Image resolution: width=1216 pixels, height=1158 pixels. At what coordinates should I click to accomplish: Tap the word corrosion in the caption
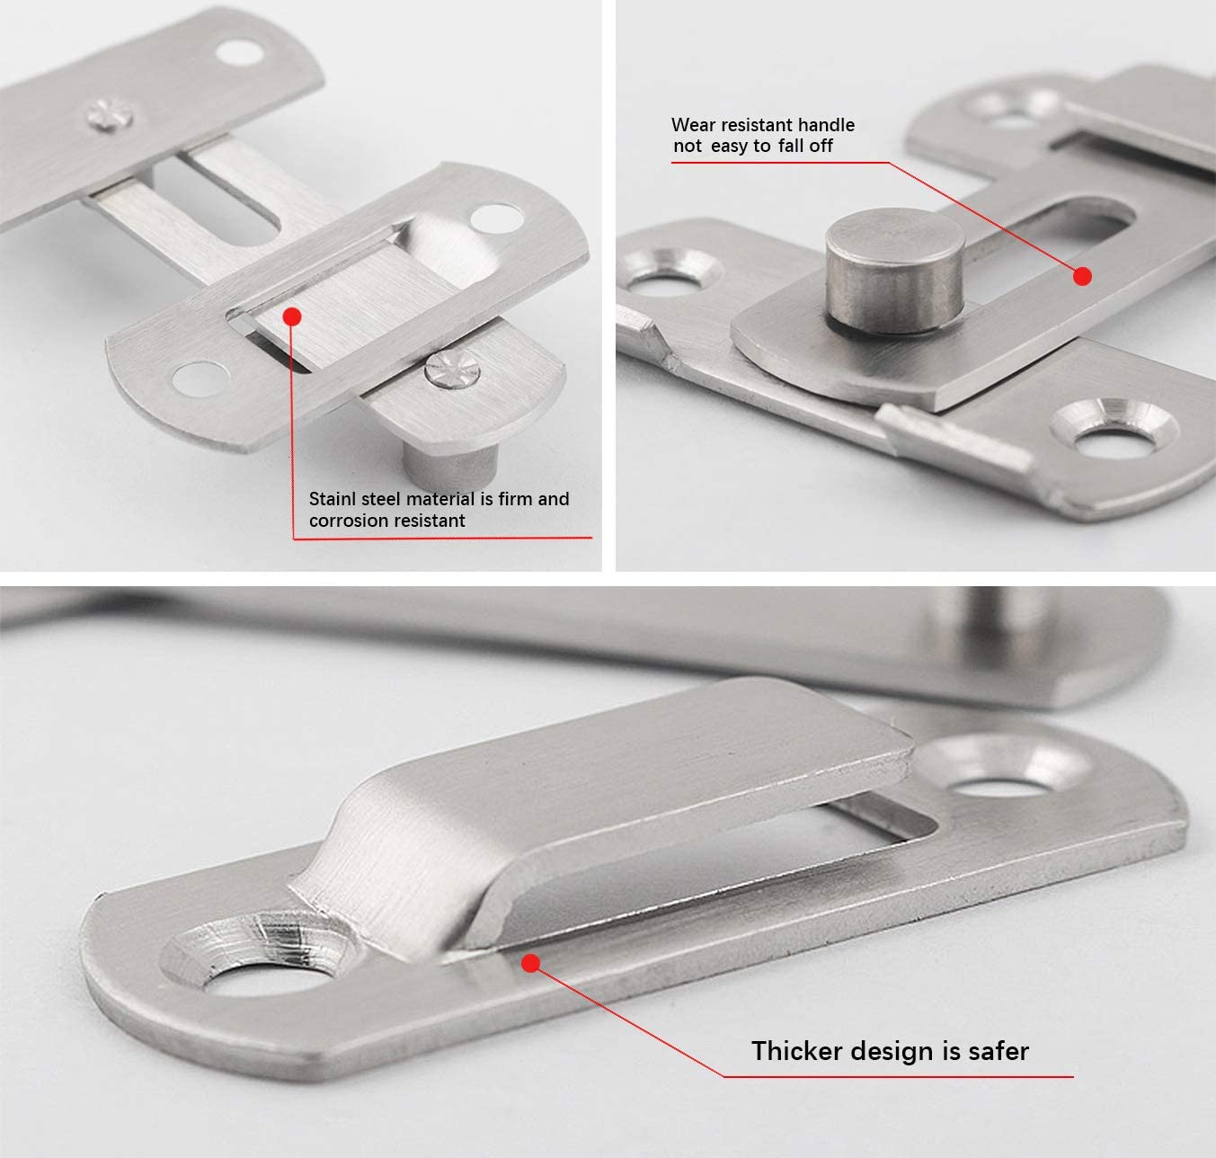coord(348,521)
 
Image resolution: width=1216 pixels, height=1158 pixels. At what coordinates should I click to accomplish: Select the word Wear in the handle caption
coord(690,125)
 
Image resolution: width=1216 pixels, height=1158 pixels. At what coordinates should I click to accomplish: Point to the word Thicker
coord(800,1051)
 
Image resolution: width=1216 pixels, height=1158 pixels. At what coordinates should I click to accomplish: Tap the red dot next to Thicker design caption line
coord(530,963)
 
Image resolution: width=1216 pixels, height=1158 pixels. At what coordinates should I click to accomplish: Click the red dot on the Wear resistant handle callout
coord(1082,276)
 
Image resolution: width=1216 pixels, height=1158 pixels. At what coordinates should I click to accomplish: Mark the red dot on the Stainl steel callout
coord(291,316)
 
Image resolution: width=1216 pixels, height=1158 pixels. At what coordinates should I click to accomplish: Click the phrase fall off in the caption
coord(805,146)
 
